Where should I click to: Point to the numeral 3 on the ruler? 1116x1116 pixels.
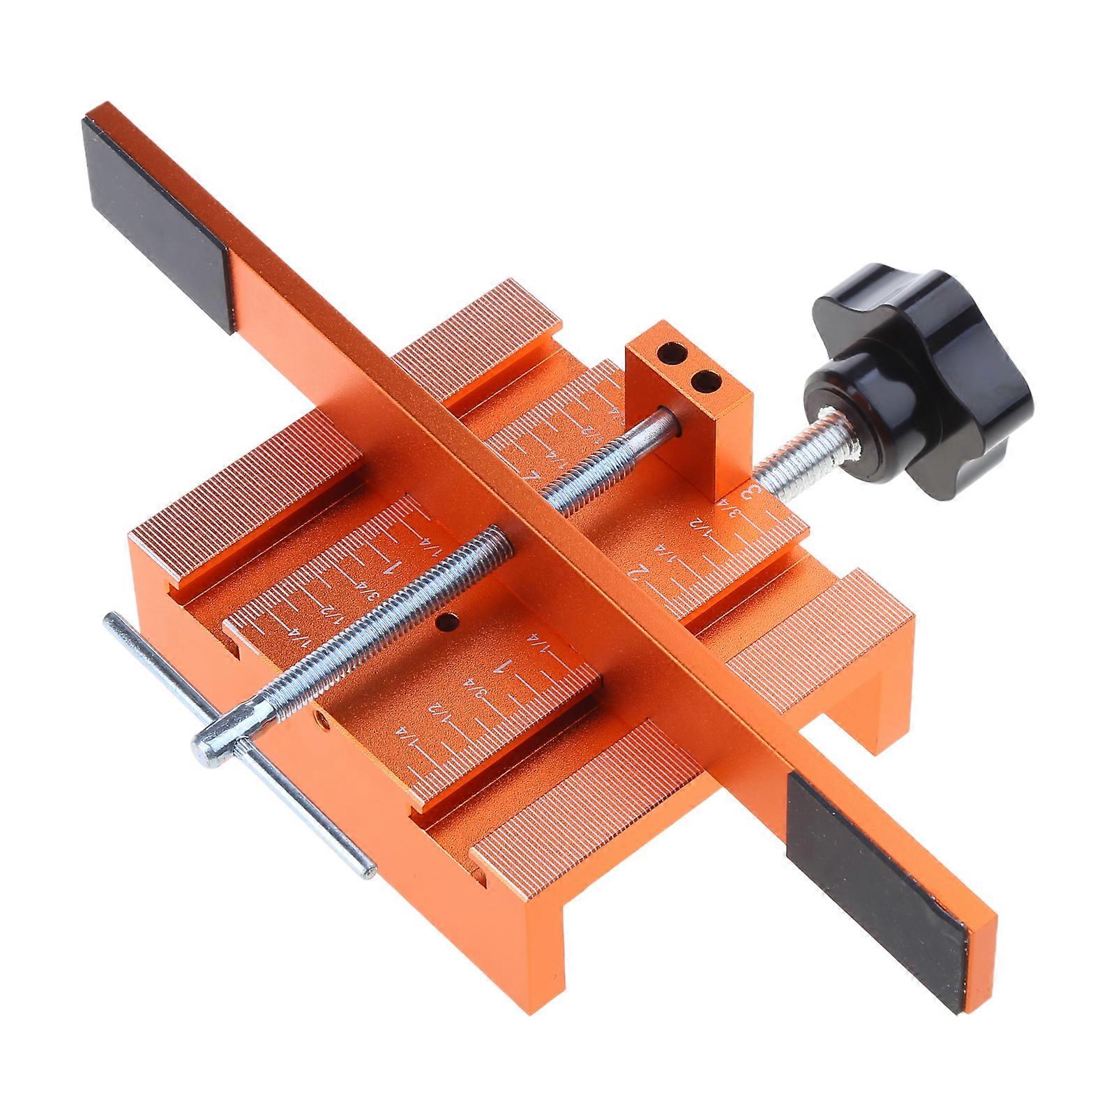[x=753, y=493]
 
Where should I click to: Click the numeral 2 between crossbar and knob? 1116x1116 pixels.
[x=636, y=573]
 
